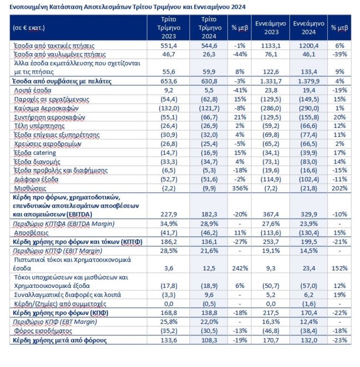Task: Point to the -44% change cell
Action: tap(239, 54)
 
